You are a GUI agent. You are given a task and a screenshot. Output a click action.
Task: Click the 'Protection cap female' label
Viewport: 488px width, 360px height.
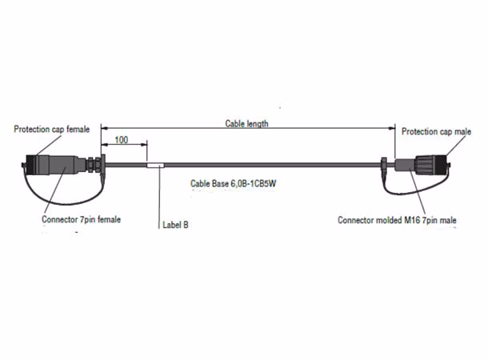tap(52, 129)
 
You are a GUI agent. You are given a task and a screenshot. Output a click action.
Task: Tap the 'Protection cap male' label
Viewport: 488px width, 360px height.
tap(436, 132)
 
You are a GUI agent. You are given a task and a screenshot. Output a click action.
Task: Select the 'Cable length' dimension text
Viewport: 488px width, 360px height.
tap(247, 123)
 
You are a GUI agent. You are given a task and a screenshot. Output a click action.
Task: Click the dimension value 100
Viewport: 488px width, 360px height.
tap(122, 140)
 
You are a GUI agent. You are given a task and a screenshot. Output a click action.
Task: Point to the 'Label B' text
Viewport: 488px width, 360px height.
tap(175, 225)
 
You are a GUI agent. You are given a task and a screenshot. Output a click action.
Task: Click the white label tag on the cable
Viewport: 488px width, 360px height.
tap(155, 166)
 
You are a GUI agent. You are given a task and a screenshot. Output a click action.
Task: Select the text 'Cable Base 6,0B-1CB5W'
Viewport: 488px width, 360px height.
tap(234, 183)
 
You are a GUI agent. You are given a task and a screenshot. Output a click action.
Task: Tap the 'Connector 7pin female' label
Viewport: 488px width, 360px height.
tap(82, 219)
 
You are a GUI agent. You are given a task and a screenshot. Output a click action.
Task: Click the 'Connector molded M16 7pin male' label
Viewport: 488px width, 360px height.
tap(397, 220)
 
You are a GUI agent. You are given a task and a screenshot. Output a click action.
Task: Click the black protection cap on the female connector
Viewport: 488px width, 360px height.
tap(31, 165)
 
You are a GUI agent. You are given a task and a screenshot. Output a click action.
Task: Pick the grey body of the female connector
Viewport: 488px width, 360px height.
tap(62, 165)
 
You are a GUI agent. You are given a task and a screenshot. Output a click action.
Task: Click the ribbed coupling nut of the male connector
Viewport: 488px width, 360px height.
tap(425, 165)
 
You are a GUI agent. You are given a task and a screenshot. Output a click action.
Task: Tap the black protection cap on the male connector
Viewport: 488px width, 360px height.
tap(441, 165)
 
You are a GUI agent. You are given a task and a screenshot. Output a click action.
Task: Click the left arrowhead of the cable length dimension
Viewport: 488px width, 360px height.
tap(104, 128)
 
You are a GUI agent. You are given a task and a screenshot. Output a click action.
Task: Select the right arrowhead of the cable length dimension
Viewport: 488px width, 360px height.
tap(392, 128)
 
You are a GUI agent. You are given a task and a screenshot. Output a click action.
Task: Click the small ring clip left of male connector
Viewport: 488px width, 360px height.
tap(384, 166)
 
